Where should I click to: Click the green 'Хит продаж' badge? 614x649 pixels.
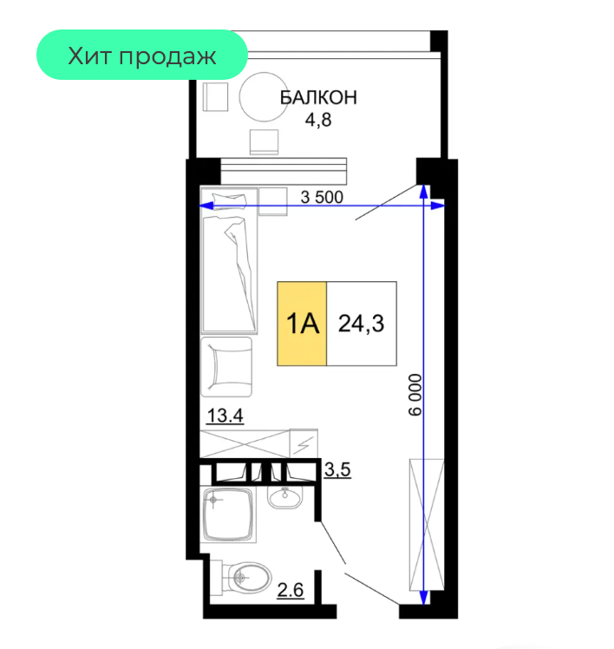point(142,55)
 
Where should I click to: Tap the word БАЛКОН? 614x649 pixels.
point(318,98)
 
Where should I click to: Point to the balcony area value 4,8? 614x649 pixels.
point(318,120)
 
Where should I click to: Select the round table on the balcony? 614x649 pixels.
point(264,97)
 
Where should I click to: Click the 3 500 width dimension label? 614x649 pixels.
point(322,198)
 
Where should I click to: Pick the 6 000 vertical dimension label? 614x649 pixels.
point(415,395)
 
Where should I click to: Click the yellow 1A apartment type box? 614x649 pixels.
point(302,324)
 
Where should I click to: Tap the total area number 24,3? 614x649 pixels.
point(361,324)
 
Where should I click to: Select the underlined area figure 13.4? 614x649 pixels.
point(225,416)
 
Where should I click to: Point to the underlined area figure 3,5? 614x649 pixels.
point(337,469)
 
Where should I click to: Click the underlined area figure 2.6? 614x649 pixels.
point(290,590)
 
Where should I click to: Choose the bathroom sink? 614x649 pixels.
point(284,495)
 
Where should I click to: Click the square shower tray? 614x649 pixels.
point(228,515)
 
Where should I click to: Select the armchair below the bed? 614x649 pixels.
point(226,367)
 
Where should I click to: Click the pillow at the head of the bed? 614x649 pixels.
point(229,200)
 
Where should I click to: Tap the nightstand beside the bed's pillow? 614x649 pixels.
point(272,201)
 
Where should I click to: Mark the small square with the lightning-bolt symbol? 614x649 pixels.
point(304,443)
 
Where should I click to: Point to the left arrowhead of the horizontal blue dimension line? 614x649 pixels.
point(206,206)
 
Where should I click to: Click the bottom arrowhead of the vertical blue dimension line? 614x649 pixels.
point(424,597)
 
